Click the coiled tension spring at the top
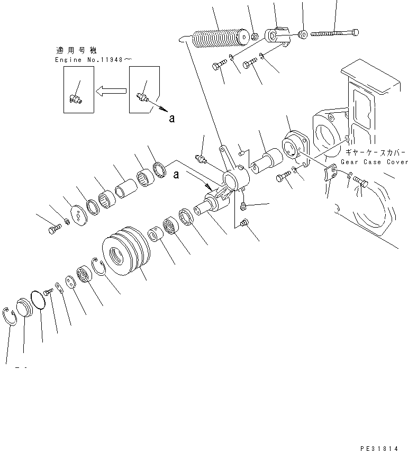point(220,39)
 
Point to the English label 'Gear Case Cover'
point(375,162)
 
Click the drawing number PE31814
point(380,448)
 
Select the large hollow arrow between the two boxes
point(112,91)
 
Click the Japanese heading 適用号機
point(76,51)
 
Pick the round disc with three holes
point(78,215)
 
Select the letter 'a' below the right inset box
point(171,118)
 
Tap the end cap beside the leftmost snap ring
point(24,308)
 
